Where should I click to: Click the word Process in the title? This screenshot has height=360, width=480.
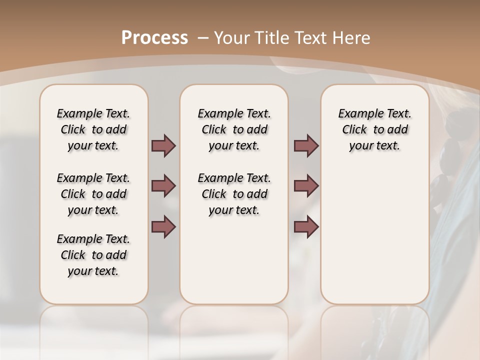(154, 38)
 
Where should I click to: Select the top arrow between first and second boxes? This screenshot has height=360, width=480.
(163, 145)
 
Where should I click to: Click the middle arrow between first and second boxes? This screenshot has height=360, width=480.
(163, 186)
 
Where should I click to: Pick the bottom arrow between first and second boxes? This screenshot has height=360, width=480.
(163, 227)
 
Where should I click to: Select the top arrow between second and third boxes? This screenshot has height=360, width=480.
(306, 145)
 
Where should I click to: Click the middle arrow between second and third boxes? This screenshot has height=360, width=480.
(306, 186)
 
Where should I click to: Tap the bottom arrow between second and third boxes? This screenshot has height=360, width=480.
(306, 227)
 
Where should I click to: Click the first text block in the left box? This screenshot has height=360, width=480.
(93, 129)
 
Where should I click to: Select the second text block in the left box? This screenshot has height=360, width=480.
(93, 194)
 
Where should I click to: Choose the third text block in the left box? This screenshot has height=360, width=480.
(93, 255)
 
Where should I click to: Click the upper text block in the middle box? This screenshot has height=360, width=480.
(234, 129)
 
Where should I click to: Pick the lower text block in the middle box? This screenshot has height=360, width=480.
(234, 194)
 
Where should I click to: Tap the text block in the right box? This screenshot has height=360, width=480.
(374, 129)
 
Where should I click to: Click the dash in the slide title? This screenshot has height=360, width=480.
(203, 38)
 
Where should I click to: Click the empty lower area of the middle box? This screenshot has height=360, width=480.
(234, 260)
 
